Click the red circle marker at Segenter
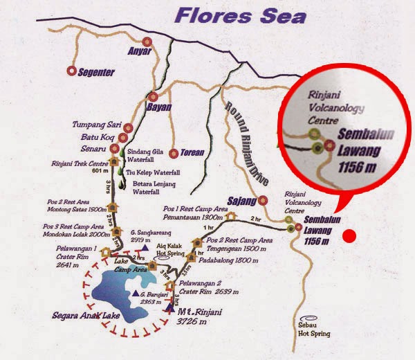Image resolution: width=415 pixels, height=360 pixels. [x=71, y=71]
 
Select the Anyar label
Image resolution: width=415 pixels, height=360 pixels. [x=136, y=50]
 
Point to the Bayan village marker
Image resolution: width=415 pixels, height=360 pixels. [x=154, y=98]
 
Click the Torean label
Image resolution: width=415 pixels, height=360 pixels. [x=192, y=152]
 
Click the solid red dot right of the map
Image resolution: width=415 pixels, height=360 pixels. [x=350, y=235]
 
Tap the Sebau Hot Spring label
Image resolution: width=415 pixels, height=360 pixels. [x=315, y=328]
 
